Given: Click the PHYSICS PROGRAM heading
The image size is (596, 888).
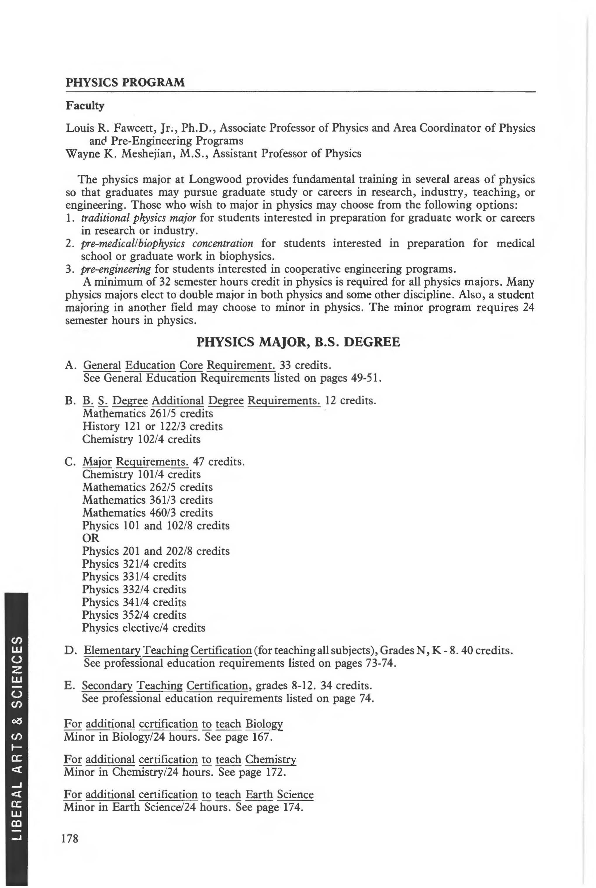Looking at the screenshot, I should [x=125, y=82].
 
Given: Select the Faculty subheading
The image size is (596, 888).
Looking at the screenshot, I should [x=85, y=106].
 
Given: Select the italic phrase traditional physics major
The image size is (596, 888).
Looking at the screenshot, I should [x=138, y=218].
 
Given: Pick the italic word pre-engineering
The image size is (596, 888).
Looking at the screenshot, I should [x=116, y=269].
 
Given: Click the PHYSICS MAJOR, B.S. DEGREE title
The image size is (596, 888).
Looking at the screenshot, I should [x=298, y=342].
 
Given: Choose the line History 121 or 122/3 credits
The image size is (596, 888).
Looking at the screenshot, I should [x=152, y=426].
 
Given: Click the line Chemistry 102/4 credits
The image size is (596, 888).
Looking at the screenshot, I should [x=141, y=439].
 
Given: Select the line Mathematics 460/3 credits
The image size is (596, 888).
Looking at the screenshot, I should [x=148, y=513].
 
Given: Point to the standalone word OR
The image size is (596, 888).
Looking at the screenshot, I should [x=90, y=538].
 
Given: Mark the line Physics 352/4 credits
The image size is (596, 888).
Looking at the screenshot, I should [x=134, y=615].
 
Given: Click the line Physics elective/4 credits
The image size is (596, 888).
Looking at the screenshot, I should [x=144, y=628].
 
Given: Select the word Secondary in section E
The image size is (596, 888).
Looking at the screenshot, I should [x=107, y=686].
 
